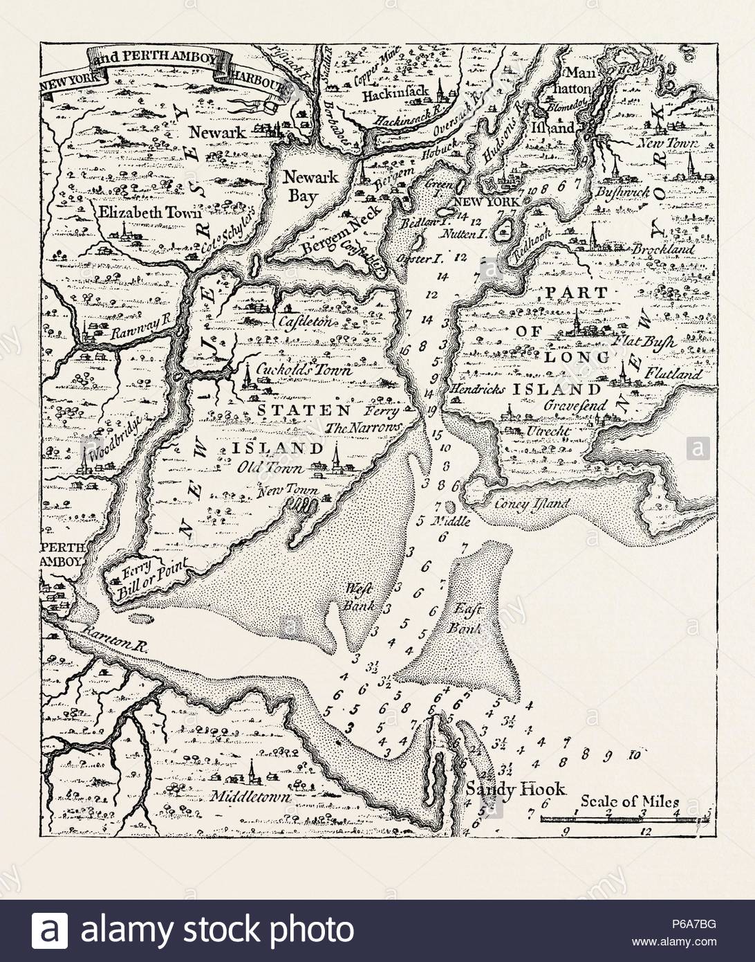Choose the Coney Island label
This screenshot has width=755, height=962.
coord(539,503)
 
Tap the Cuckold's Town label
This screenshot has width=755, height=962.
coord(304,370)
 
